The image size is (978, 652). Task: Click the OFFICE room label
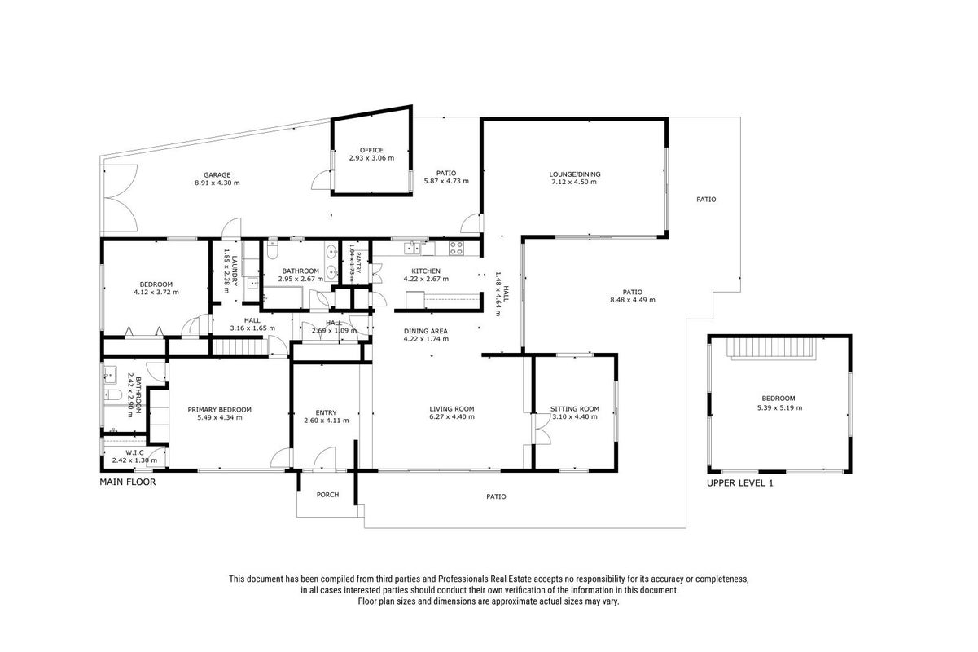click(x=371, y=150)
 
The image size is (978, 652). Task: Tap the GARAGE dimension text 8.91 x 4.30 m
click(x=217, y=183)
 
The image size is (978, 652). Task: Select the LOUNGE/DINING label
click(x=575, y=174)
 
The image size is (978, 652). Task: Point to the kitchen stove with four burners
click(x=456, y=248)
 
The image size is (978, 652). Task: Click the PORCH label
click(x=327, y=494)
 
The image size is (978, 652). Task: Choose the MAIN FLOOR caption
click(x=128, y=482)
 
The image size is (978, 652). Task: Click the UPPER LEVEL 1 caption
click(x=740, y=482)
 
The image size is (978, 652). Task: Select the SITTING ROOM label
click(x=575, y=409)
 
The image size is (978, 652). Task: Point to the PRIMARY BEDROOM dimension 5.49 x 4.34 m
click(x=220, y=417)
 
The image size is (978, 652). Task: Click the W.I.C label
click(x=134, y=452)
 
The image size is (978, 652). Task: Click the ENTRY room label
click(x=327, y=412)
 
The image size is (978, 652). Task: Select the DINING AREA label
click(x=426, y=331)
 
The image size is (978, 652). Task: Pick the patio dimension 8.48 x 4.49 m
click(x=633, y=300)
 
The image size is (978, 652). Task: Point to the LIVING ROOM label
click(x=452, y=409)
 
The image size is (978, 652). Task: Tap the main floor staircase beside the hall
click(x=239, y=348)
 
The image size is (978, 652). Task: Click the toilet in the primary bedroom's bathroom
click(x=113, y=395)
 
